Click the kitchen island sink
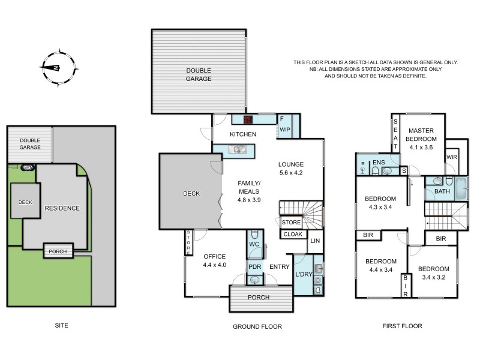[x=239, y=149]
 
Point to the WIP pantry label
[x=284, y=129]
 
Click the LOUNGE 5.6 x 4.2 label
[x=291, y=169]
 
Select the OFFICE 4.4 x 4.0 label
[x=215, y=260]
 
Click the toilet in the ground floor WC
[x=254, y=235]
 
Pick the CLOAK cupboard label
[x=292, y=235]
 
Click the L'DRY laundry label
[x=304, y=275]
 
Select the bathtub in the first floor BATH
[x=458, y=187]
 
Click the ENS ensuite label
[x=379, y=162]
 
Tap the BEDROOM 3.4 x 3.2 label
[x=433, y=272]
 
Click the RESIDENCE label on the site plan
[x=62, y=208]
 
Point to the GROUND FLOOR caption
[x=257, y=326]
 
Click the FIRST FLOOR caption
[x=402, y=326]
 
